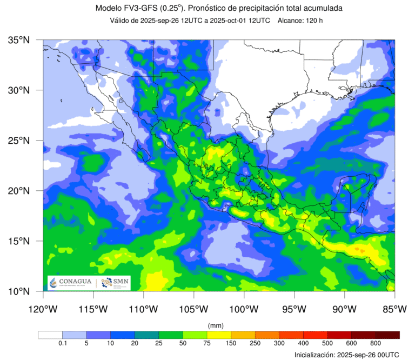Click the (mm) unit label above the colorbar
point(216,325)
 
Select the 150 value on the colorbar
point(231,343)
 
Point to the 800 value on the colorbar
point(376,343)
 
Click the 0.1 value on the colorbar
point(62,343)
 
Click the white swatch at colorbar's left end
point(50,335)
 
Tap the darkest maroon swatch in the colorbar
point(387,335)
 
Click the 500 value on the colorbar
point(327,343)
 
